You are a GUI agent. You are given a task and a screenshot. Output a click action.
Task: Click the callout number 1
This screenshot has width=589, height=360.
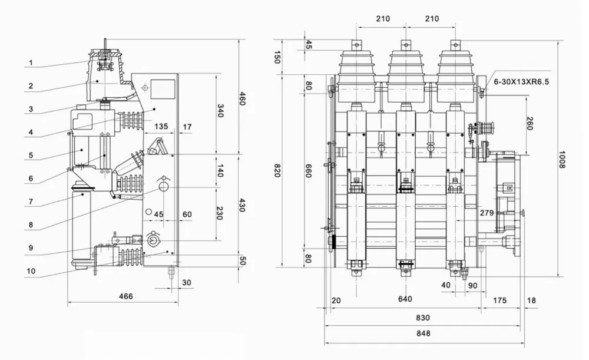pyautogui.click(x=31, y=62)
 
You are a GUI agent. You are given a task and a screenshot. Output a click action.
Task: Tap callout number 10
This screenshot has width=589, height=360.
pyautogui.click(x=31, y=271)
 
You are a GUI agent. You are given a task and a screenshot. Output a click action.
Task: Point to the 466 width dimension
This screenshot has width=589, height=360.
pyautogui.click(x=125, y=296)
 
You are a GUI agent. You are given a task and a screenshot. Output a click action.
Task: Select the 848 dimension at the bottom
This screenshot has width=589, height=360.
pyautogui.click(x=423, y=333)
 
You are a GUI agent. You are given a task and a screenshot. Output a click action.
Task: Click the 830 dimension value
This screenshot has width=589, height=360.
pyautogui.click(x=423, y=318)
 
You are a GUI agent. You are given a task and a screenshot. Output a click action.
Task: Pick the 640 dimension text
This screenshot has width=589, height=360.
pyautogui.click(x=406, y=299)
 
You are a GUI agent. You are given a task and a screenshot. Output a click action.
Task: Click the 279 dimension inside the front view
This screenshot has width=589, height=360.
pyautogui.click(x=487, y=212)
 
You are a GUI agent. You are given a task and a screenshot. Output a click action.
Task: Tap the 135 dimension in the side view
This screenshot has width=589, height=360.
pyautogui.click(x=161, y=126)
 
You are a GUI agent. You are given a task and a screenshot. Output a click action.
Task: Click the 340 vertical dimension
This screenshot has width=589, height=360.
pyautogui.click(x=221, y=111)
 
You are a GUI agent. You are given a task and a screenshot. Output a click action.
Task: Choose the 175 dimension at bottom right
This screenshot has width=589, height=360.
pyautogui.click(x=499, y=300)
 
